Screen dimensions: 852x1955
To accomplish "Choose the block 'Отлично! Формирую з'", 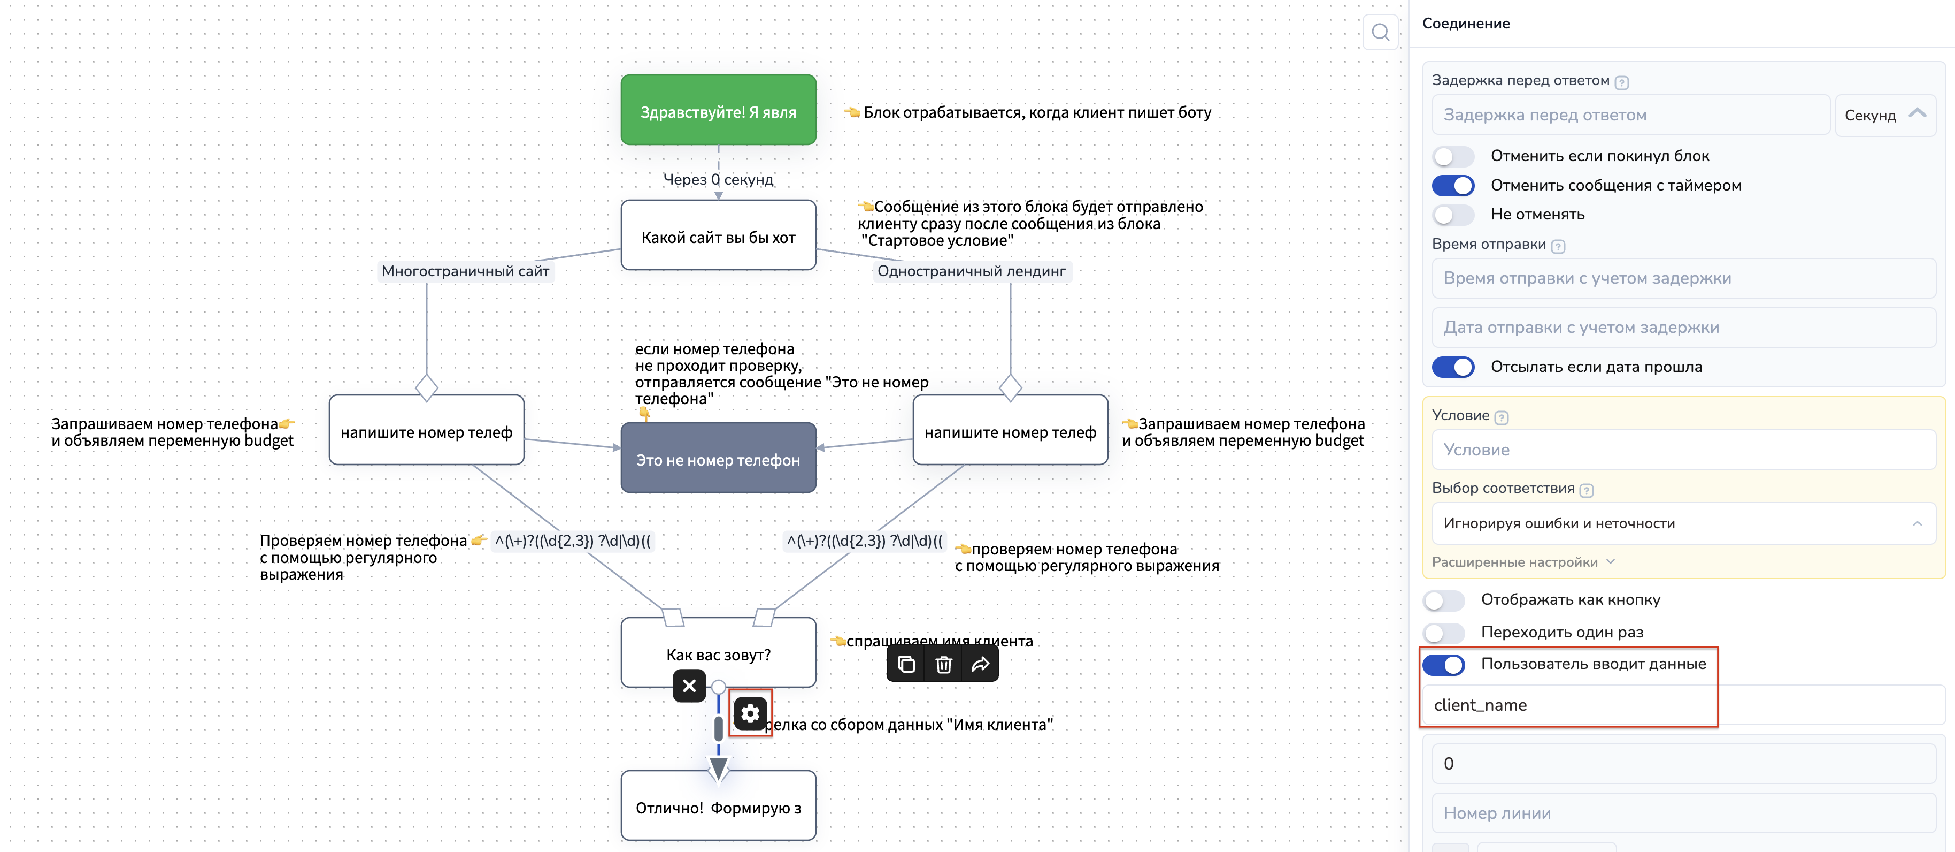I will pos(718,807).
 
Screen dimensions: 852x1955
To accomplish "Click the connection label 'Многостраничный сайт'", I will pos(465,271).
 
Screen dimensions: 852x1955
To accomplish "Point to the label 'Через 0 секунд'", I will pos(718,179).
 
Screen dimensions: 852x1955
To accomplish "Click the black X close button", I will pos(689,686).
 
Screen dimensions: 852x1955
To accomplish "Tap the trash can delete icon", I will pos(943,665).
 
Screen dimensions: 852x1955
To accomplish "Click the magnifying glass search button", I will pos(1380,32).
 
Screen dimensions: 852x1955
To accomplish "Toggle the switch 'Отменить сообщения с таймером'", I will pos(1452,185).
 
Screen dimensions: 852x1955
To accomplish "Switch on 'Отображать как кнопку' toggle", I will pos(1443,600).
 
